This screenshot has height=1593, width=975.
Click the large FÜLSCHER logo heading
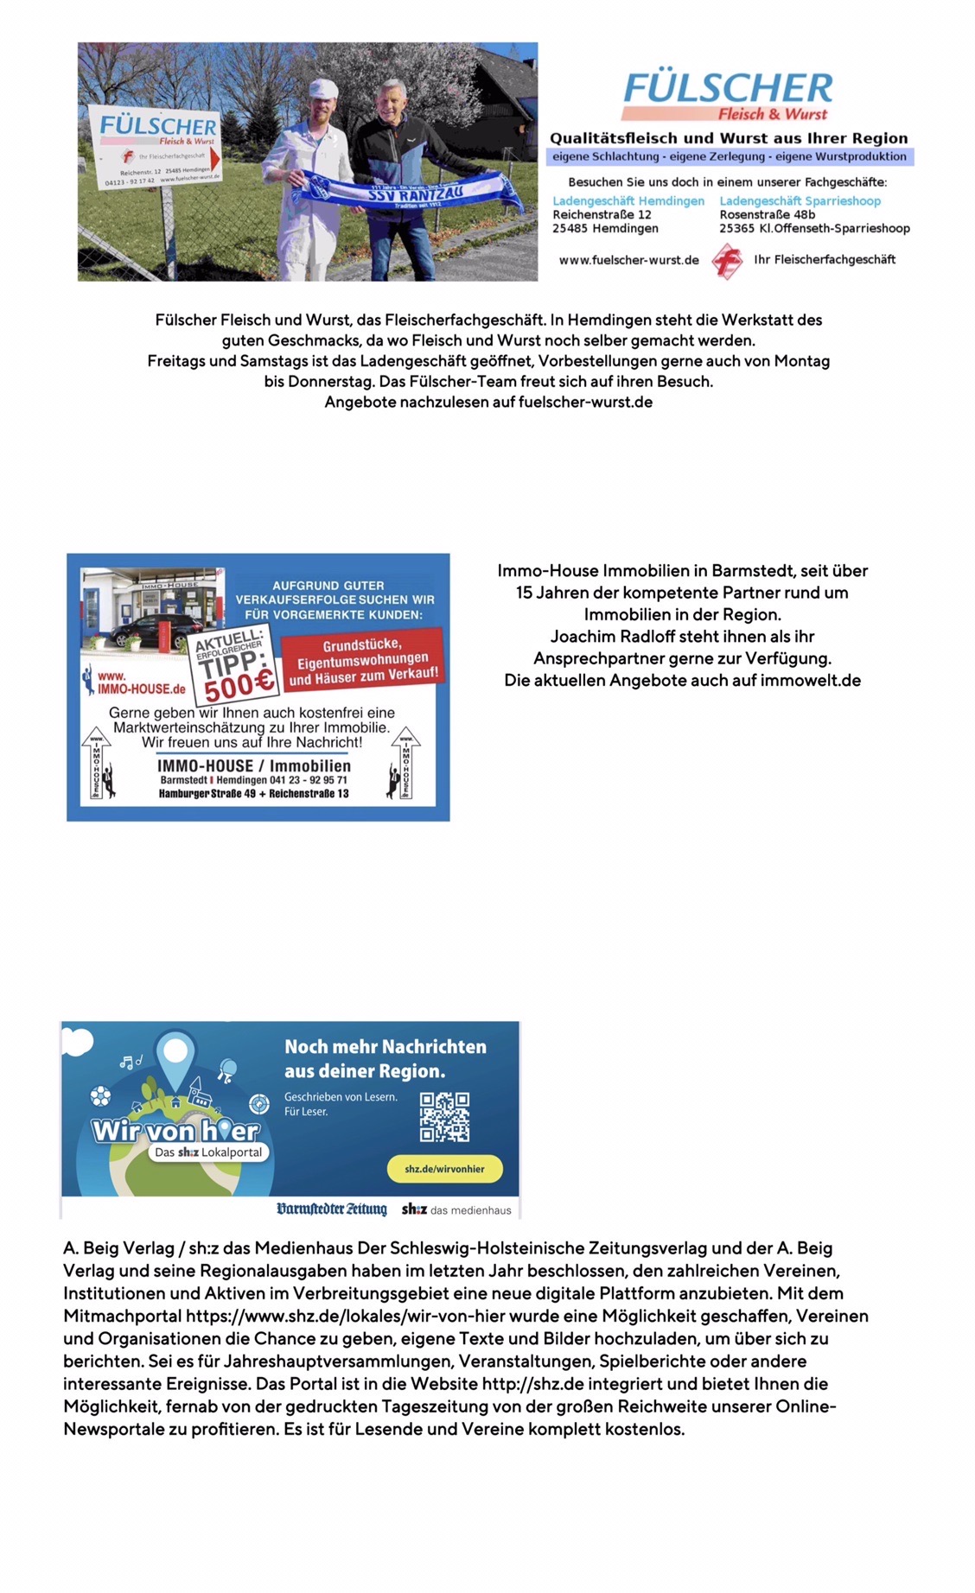[728, 88]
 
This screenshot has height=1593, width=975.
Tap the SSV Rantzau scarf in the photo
[406, 192]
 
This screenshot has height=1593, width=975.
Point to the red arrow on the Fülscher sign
[215, 159]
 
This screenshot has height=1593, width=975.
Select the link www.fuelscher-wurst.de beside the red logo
[628, 260]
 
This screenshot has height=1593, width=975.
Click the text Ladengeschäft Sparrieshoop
[800, 201]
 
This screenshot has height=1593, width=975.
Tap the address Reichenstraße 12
[602, 215]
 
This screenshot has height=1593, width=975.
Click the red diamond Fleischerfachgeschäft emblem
[727, 261]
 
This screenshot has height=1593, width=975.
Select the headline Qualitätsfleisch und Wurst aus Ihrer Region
[729, 138]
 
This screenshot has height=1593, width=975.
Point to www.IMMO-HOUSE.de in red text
[141, 683]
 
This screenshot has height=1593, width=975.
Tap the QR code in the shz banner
[444, 1116]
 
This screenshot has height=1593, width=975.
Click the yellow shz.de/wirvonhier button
[444, 1169]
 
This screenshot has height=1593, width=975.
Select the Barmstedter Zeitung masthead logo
[331, 1209]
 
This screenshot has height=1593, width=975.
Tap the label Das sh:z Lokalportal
[208, 1152]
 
